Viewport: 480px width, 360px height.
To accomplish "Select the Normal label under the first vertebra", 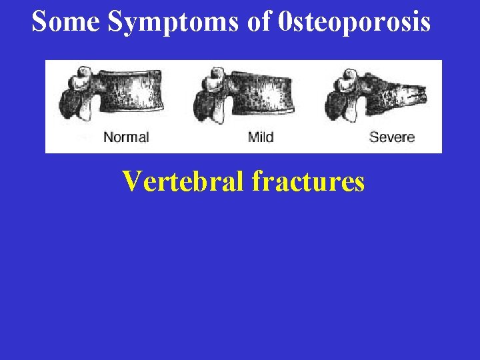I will point(126,137).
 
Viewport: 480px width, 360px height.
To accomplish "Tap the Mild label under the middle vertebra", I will point(261,137).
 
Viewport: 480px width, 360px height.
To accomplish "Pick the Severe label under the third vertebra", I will point(392,137).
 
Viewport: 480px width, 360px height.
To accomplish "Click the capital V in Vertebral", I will point(131,181).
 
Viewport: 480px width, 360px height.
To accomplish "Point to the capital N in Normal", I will point(107,137).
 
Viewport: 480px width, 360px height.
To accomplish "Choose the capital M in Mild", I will point(252,137).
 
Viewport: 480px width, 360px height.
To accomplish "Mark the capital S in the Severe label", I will point(373,137).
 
